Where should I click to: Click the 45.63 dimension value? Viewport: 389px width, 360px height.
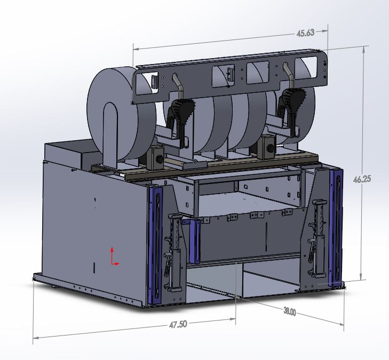(x=305, y=33)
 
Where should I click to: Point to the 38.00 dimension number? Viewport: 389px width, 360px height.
(x=290, y=312)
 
